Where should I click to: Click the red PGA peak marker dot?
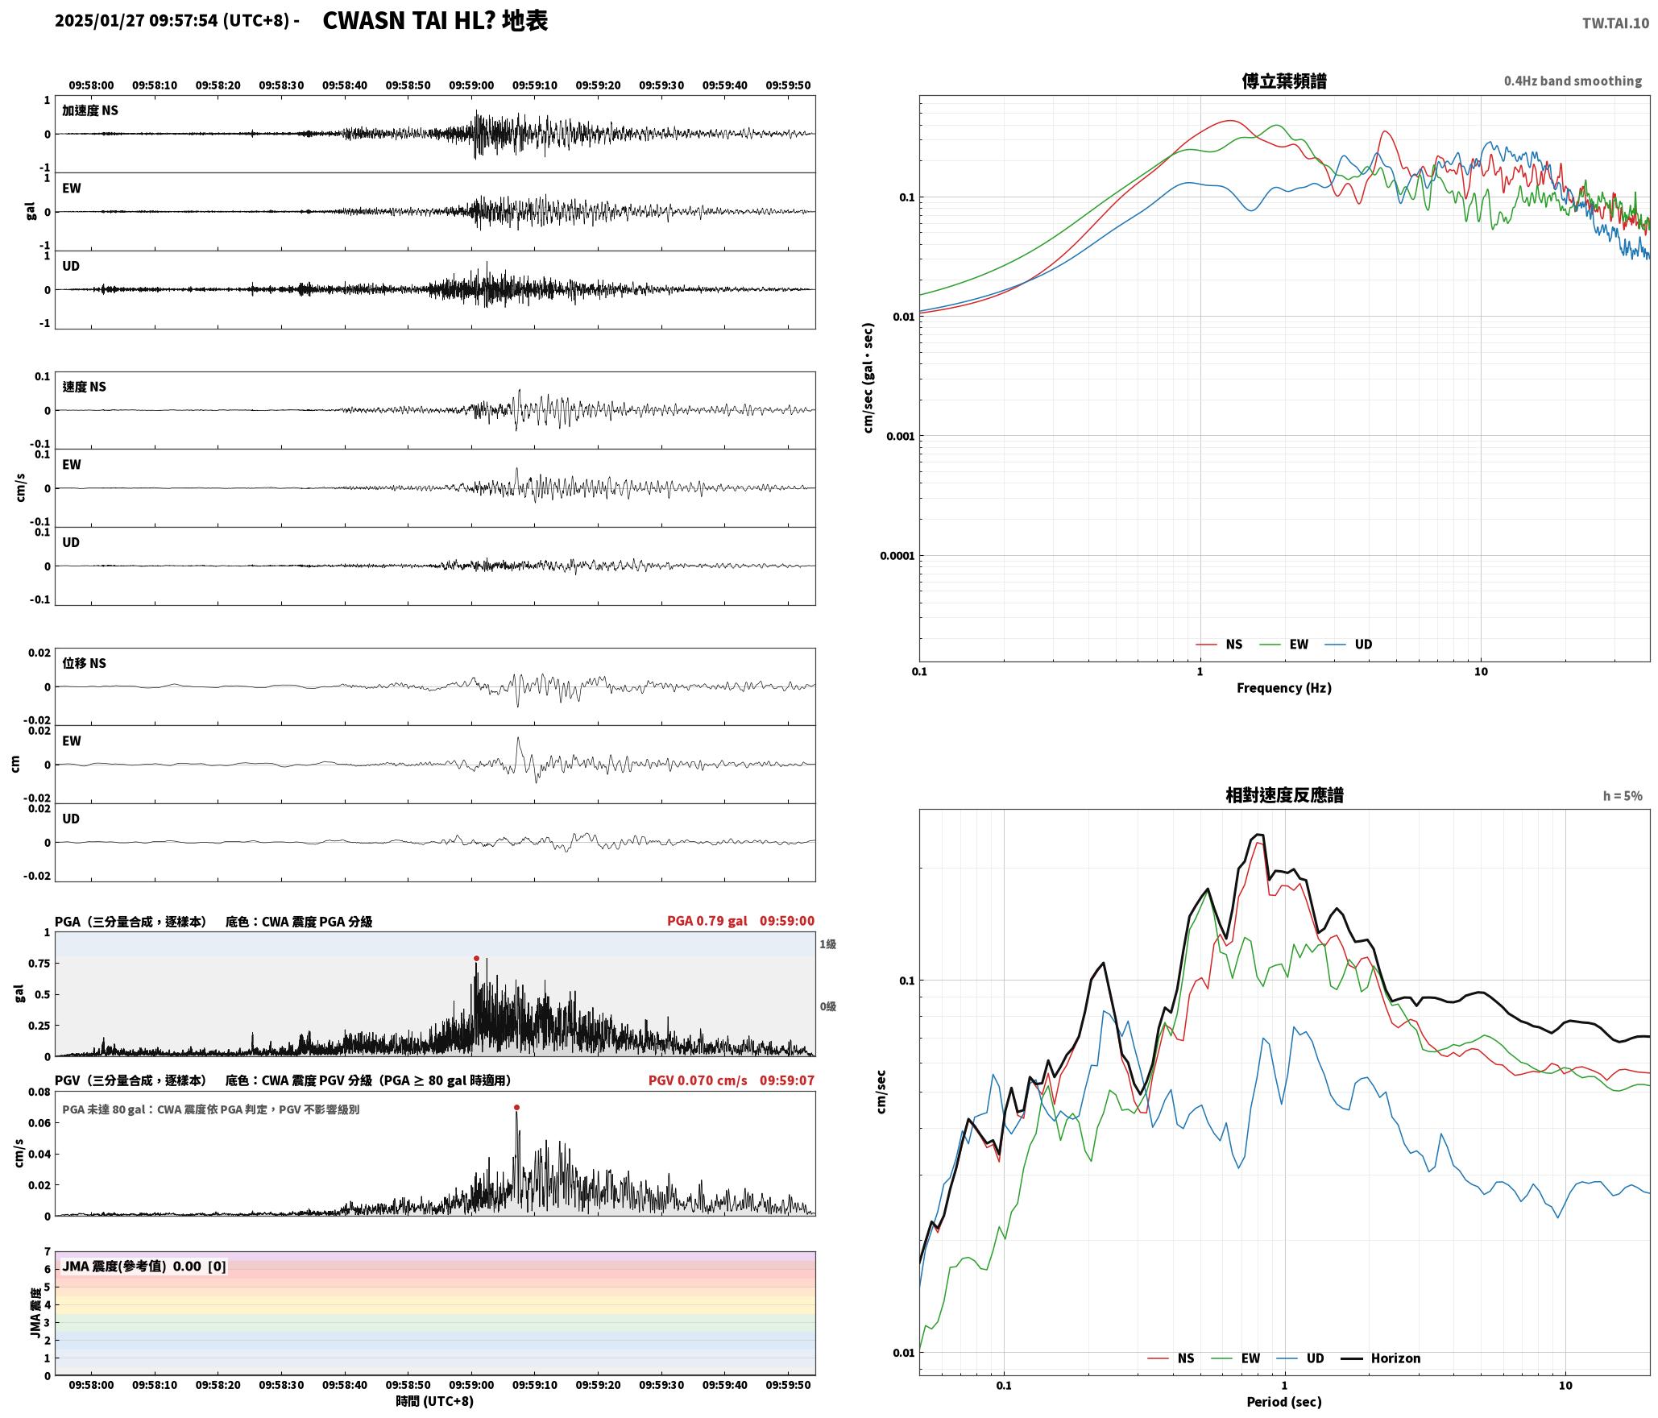point(476,959)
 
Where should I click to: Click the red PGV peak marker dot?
point(516,1108)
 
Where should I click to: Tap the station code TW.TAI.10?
point(1615,23)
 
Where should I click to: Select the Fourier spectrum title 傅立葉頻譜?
point(1284,81)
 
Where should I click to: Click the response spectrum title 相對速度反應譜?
point(1284,795)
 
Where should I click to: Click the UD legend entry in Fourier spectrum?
point(1349,645)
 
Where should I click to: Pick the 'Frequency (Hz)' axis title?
point(1284,688)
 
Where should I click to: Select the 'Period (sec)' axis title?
point(1284,1402)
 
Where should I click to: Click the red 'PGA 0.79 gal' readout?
point(707,921)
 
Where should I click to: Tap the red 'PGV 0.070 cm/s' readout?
point(698,1080)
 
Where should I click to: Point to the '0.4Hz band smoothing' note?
point(1573,81)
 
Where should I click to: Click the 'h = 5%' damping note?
point(1623,796)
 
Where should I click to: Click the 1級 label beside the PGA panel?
point(828,944)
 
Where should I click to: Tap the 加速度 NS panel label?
point(90,110)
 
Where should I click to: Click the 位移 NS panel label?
point(85,663)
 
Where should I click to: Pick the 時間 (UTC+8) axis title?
point(435,1402)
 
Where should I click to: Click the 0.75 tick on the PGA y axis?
point(40,964)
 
